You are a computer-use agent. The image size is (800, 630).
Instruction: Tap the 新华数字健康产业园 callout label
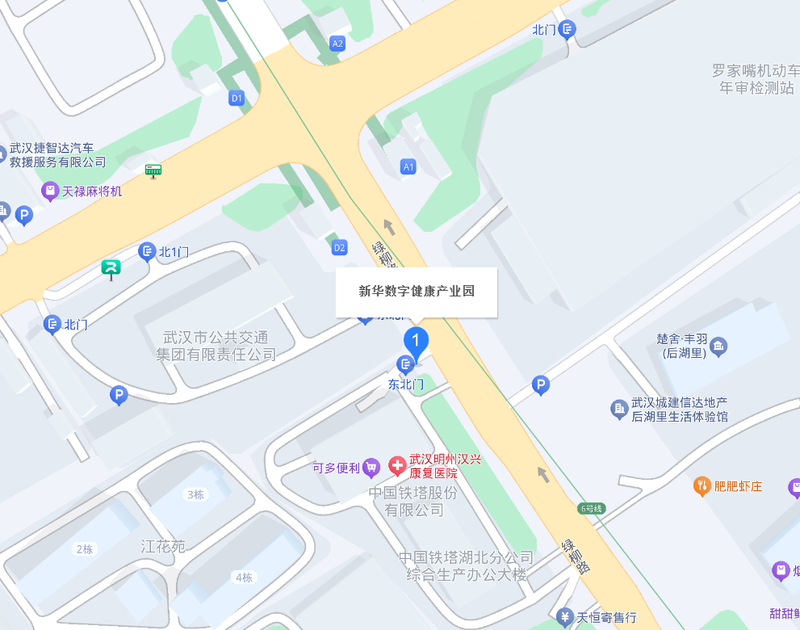417,292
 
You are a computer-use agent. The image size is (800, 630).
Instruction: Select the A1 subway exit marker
408,167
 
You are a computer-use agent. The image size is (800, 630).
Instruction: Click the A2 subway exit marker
337,44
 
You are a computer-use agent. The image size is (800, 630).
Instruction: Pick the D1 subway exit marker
237,99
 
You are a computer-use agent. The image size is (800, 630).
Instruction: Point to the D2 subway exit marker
340,247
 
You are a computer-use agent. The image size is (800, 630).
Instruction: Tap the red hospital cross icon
397,465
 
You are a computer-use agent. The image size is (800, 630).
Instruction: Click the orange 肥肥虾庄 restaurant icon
702,485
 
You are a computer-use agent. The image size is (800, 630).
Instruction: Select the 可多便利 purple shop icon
371,466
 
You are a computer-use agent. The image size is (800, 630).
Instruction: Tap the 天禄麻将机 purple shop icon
50,191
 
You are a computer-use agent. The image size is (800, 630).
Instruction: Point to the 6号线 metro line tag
592,509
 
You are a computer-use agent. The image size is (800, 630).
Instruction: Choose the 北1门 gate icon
147,252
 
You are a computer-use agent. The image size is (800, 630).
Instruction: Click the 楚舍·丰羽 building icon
718,346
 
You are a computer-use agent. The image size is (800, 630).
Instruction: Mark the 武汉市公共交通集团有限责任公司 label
216,346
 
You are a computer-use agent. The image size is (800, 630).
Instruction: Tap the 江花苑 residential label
163,547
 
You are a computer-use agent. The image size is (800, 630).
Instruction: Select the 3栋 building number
195,494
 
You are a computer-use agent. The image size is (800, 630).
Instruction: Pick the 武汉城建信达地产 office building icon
619,409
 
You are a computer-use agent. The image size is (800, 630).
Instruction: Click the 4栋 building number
243,577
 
